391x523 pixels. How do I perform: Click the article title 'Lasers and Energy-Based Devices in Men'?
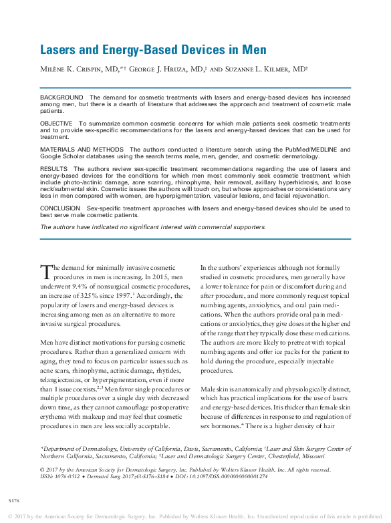click(153, 50)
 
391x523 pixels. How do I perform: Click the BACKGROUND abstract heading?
click(61, 98)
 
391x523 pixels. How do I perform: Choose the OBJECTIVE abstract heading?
click(58, 124)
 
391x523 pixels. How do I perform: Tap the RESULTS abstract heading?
click(54, 169)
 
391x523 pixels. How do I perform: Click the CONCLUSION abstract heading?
click(61, 208)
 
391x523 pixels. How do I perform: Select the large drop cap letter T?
click(46, 272)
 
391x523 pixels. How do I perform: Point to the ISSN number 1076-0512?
click(70, 476)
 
